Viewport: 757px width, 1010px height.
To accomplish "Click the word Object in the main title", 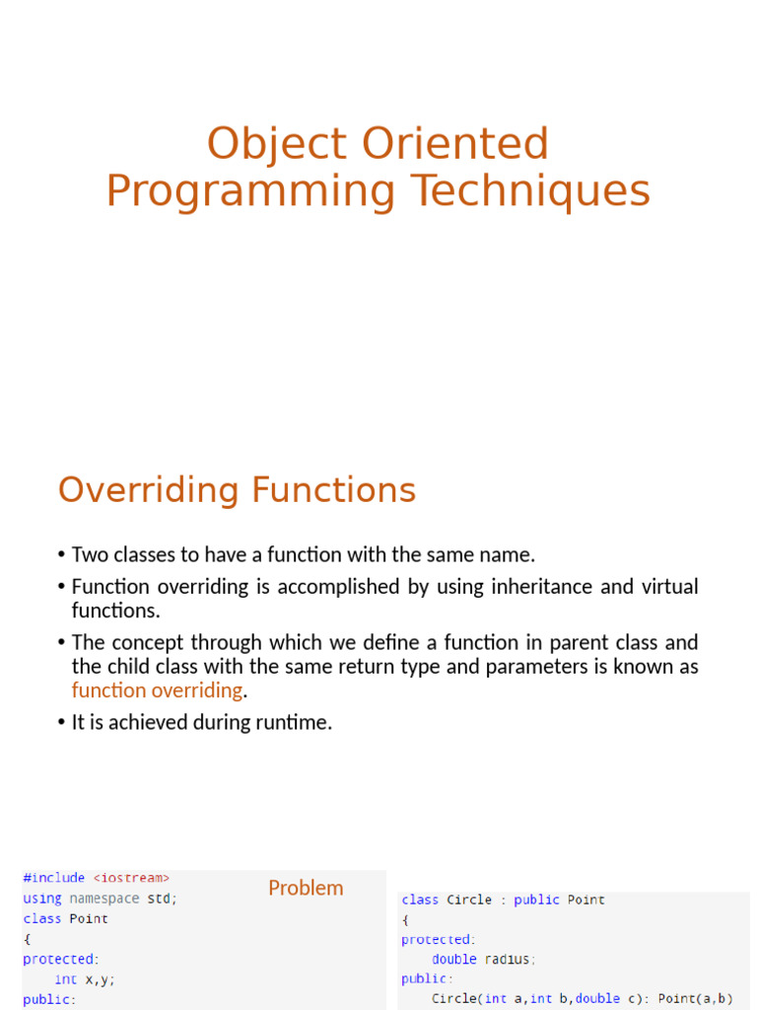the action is (x=277, y=145).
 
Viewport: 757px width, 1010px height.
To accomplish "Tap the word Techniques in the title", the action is (x=531, y=192).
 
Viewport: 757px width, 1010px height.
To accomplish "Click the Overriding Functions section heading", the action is (x=237, y=490).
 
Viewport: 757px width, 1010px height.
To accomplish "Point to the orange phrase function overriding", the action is (x=157, y=690).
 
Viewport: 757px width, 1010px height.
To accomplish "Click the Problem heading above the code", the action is (x=306, y=888).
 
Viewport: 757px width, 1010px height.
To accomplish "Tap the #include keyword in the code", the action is (x=54, y=878).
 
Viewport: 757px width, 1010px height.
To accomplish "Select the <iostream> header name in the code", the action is (x=131, y=878).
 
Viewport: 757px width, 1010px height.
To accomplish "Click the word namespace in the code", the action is (x=104, y=898).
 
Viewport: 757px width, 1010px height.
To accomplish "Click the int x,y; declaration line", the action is (x=85, y=979).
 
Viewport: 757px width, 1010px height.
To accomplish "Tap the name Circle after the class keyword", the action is (x=468, y=900).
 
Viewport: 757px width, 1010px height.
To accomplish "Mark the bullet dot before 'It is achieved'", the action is (x=62, y=723).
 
